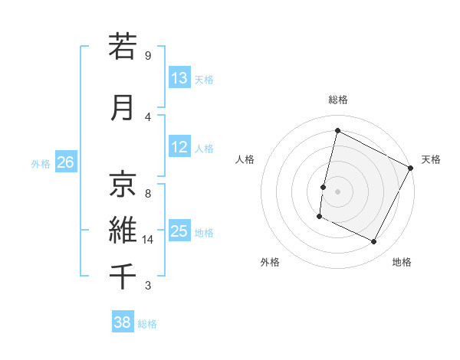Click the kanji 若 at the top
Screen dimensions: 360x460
pyautogui.click(x=123, y=47)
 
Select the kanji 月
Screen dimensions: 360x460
pyautogui.click(x=123, y=107)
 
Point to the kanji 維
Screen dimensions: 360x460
pyautogui.click(x=123, y=229)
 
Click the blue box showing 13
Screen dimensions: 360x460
pyautogui.click(x=179, y=78)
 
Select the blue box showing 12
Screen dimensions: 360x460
pyautogui.click(x=179, y=147)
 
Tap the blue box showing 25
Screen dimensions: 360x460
pyautogui.click(x=179, y=231)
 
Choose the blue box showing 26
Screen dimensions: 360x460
pyautogui.click(x=65, y=162)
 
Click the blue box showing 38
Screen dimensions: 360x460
pyautogui.click(x=123, y=322)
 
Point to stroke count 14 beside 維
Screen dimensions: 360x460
pyautogui.click(x=148, y=240)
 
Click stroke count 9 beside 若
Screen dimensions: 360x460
pyautogui.click(x=148, y=56)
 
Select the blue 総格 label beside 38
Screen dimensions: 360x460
pyautogui.click(x=147, y=324)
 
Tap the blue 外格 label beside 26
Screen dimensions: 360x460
pyautogui.click(x=41, y=163)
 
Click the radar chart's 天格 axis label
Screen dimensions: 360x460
pyautogui.click(x=431, y=159)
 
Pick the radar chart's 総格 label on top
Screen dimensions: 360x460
pyautogui.click(x=337, y=100)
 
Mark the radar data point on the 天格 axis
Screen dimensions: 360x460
pyautogui.click(x=411, y=168)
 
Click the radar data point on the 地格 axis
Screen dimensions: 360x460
pyautogui.click(x=374, y=242)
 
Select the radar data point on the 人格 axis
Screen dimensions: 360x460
pyautogui.click(x=324, y=187)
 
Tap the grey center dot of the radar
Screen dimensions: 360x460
pyautogui.click(x=337, y=191)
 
